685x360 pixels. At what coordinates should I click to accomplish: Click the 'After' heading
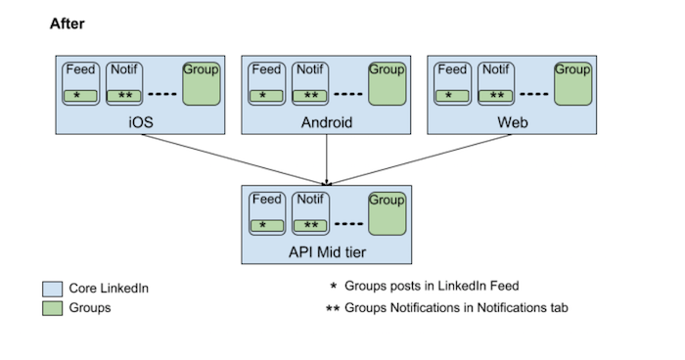point(67,22)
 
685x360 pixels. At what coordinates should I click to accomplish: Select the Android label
point(326,124)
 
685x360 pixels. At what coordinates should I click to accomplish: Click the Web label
point(513,124)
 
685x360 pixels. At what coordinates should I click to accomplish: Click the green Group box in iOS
point(201,84)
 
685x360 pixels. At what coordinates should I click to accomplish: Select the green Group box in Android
point(387,84)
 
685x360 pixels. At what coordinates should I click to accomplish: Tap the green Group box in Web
point(572,84)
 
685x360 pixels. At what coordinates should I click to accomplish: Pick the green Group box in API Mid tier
point(387,213)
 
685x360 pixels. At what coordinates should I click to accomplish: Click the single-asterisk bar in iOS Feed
point(80,96)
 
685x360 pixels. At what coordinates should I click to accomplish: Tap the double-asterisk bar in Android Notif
point(311,96)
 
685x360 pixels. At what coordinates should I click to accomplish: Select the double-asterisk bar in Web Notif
point(497,96)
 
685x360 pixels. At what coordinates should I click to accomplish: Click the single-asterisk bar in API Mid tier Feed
point(267,225)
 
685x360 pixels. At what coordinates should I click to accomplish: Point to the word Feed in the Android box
point(267,69)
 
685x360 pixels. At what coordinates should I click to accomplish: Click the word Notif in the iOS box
point(124,69)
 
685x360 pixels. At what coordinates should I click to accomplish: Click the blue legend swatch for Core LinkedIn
point(53,289)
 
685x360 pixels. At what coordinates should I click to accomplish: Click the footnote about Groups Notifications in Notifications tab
point(456,307)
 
